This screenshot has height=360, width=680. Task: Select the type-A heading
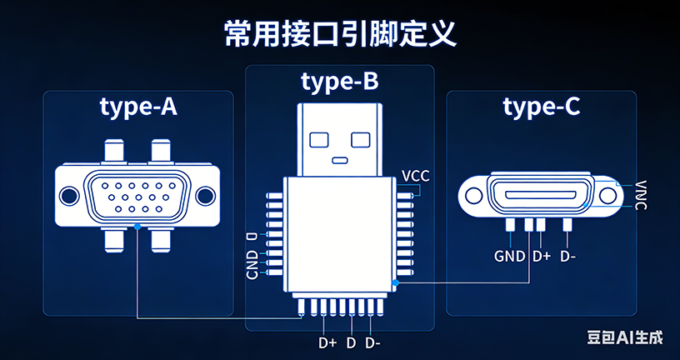(x=138, y=107)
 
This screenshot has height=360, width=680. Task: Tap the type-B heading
(x=339, y=82)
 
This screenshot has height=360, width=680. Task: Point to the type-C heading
(x=542, y=107)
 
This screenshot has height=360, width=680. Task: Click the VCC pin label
(x=416, y=177)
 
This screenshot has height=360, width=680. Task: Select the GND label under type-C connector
(x=510, y=256)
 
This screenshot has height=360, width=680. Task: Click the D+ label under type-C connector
(x=541, y=256)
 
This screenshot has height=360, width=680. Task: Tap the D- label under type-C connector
(x=568, y=256)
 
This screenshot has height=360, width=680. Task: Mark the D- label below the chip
(x=372, y=342)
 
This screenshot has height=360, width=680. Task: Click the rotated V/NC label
(x=640, y=195)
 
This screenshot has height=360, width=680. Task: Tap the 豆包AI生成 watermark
(x=625, y=337)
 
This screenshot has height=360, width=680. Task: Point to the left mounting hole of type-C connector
(x=475, y=195)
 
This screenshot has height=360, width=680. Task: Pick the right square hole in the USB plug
(x=359, y=137)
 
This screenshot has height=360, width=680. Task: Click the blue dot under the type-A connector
(x=137, y=227)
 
